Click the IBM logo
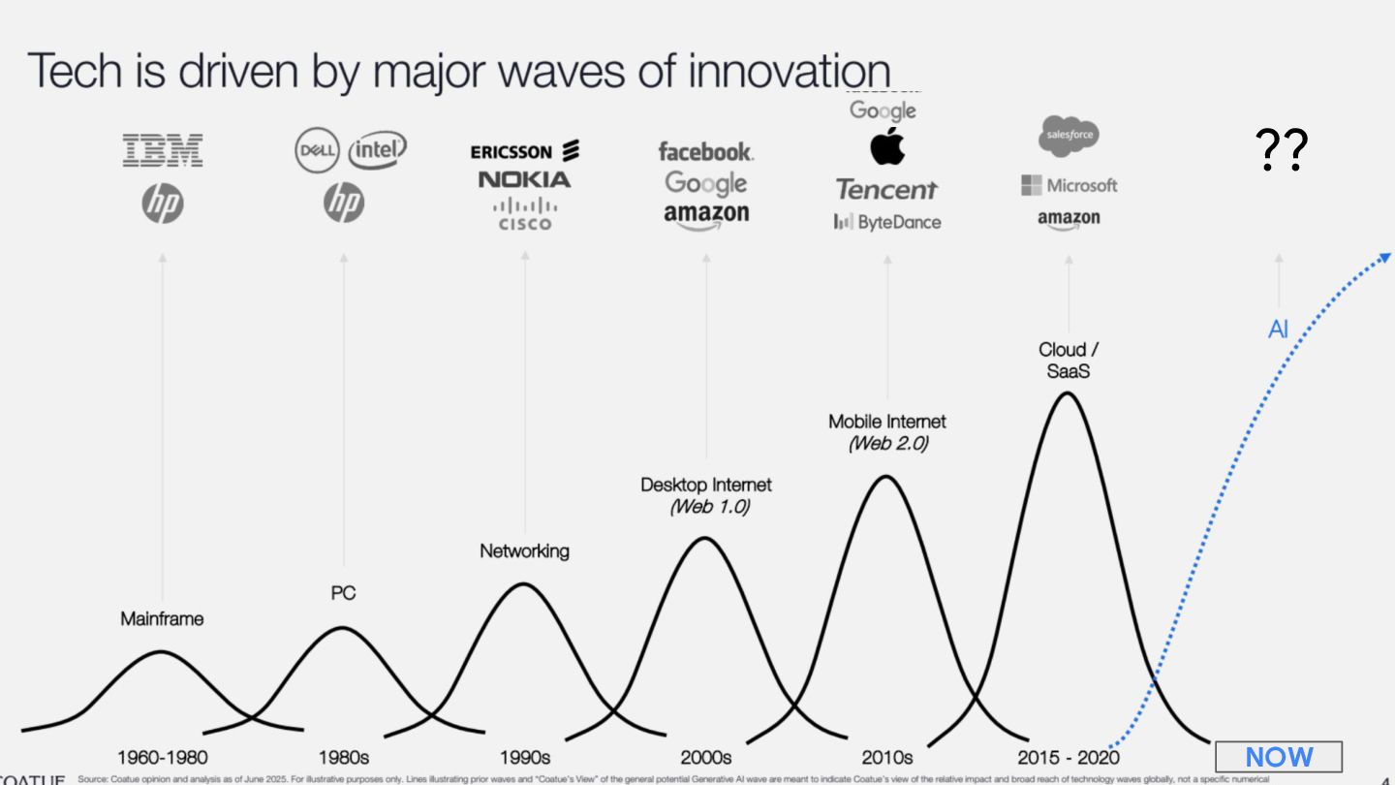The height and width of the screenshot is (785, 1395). click(x=163, y=151)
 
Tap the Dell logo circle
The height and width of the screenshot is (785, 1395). click(x=318, y=150)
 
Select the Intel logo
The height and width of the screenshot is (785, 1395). click(x=377, y=150)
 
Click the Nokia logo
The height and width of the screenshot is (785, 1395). click(x=524, y=179)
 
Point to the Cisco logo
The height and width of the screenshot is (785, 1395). click(x=524, y=214)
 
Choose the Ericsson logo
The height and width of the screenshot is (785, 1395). click(x=524, y=151)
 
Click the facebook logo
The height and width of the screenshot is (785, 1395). click(x=705, y=151)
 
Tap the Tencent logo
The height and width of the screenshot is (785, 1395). click(x=886, y=189)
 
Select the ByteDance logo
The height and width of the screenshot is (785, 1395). click(x=886, y=222)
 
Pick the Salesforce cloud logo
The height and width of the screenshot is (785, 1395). click(x=1069, y=136)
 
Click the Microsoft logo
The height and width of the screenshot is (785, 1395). click(x=1069, y=185)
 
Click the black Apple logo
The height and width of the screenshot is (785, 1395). click(x=886, y=146)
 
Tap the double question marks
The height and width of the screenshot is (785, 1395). click(x=1281, y=150)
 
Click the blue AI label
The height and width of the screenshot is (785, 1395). click(x=1278, y=330)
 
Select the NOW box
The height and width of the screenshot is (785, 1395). click(x=1279, y=757)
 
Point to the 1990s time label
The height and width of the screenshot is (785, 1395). click(x=524, y=757)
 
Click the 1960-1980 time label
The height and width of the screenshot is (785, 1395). click(x=163, y=757)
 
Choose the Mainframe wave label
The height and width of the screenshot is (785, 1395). click(x=163, y=618)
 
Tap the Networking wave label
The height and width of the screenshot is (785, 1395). click(x=524, y=550)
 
